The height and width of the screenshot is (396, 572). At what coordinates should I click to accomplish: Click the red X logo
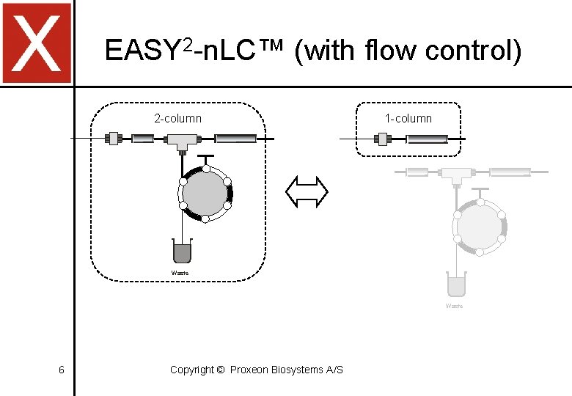click(37, 43)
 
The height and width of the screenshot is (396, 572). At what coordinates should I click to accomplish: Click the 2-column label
click(177, 118)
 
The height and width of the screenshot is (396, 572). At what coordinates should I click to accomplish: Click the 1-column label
click(408, 118)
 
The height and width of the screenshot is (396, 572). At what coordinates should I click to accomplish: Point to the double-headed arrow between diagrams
click(307, 192)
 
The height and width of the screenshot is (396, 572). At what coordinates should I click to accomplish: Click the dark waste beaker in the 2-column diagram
click(181, 251)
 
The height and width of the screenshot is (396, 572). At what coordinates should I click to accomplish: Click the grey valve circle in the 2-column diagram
click(205, 194)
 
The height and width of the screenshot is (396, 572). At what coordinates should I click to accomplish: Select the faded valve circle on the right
click(480, 227)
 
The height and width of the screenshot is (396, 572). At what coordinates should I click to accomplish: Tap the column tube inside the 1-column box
click(427, 138)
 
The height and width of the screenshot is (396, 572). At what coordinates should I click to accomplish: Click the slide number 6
click(61, 370)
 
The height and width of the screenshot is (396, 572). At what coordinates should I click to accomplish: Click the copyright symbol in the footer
click(221, 370)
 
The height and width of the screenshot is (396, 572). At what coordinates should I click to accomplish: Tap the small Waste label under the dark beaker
click(180, 273)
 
